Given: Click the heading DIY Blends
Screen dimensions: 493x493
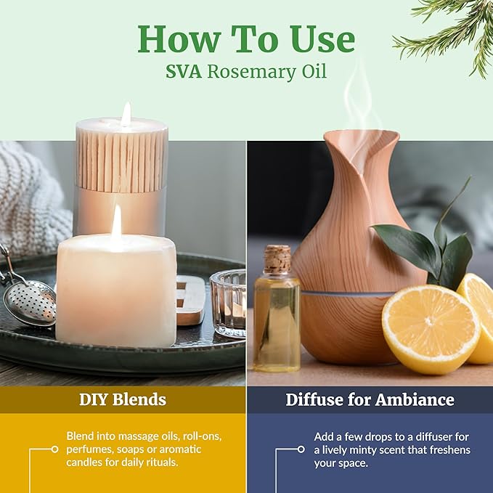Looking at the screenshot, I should [x=123, y=399].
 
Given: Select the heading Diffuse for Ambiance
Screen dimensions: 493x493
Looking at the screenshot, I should [x=370, y=399].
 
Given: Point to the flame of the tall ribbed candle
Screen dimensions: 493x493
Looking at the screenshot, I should [x=126, y=115].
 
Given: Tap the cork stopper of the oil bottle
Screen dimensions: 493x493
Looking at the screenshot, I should [x=277, y=259].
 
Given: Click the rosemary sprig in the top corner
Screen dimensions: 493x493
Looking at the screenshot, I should [x=450, y=29].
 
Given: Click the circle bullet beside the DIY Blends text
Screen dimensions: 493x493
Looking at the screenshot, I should [x=54, y=449].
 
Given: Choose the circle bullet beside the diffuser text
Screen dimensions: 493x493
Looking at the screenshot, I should [x=301, y=449].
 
